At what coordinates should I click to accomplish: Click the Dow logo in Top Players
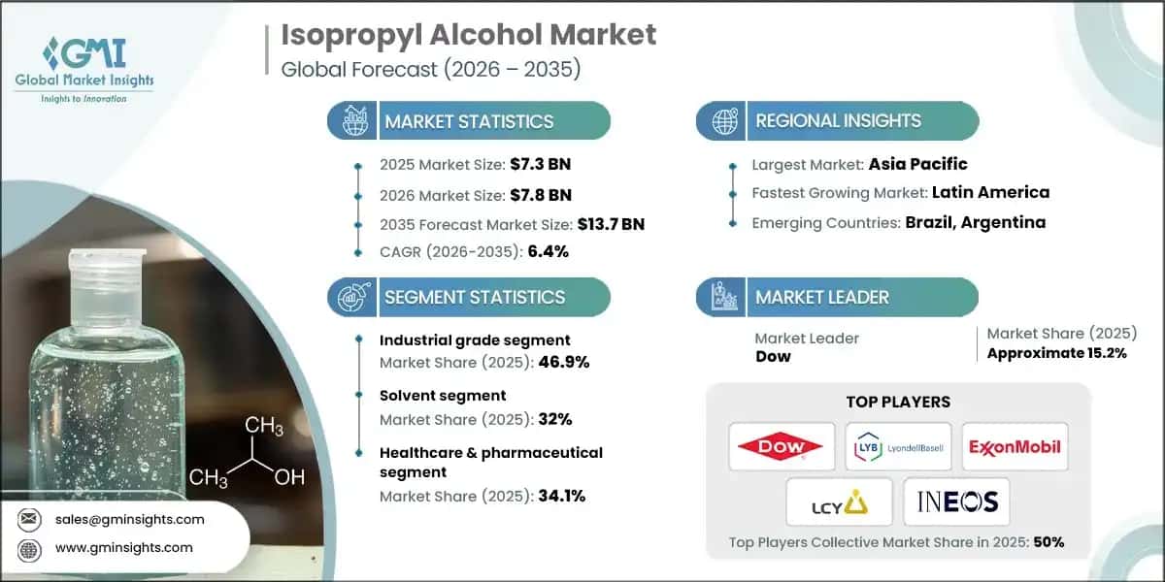point(782,446)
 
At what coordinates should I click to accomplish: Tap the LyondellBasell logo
point(897,446)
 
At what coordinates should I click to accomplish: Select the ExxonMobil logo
point(1015,446)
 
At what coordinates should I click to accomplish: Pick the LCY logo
point(839,501)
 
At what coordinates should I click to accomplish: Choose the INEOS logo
point(956,501)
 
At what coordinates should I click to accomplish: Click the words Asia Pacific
point(918,164)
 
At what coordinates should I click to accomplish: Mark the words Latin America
point(990,192)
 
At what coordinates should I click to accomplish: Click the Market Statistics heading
point(469,121)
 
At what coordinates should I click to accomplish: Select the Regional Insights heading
point(838,121)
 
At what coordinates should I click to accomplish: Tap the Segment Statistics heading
point(475,297)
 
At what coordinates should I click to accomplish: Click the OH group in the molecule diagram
point(289,477)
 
